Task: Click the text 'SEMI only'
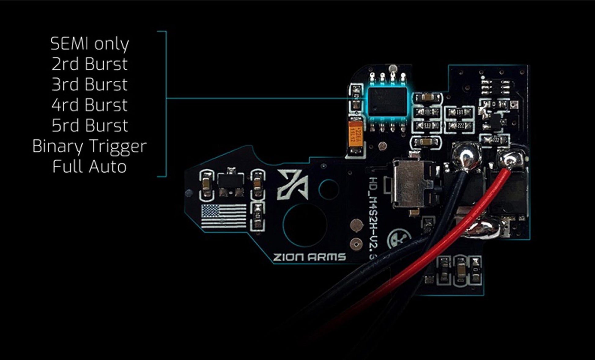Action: coord(90,44)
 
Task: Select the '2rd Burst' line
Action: coord(90,64)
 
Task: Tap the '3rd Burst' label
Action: coord(90,84)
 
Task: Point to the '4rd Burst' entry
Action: coord(90,105)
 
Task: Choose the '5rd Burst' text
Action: coord(90,125)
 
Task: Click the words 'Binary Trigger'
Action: coord(90,146)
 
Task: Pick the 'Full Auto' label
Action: coord(90,167)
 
